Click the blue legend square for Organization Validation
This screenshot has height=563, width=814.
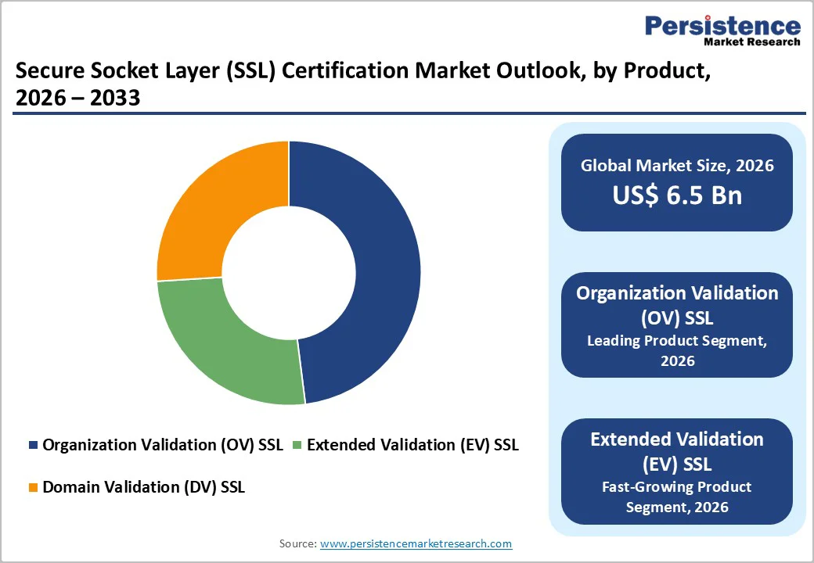pos(33,446)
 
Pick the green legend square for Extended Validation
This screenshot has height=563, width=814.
pos(297,446)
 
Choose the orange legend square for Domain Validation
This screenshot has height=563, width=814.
pos(33,488)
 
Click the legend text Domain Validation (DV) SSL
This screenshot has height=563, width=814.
pos(143,487)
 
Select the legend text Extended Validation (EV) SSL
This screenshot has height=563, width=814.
pos(412,445)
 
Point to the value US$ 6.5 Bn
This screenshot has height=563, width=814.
pos(677,195)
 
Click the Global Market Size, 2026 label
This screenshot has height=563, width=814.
pos(677,165)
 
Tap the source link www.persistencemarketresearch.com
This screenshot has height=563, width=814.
pos(416,543)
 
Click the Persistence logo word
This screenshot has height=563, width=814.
pos(722,26)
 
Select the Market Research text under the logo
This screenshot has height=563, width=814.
pos(751,42)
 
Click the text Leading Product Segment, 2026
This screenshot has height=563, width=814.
pos(677,350)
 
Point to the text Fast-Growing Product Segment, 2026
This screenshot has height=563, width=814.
pos(677,497)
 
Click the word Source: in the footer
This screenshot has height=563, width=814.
pos(298,543)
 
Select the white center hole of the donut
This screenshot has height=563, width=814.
pos(289,272)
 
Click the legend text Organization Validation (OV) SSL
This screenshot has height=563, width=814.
pos(163,445)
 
